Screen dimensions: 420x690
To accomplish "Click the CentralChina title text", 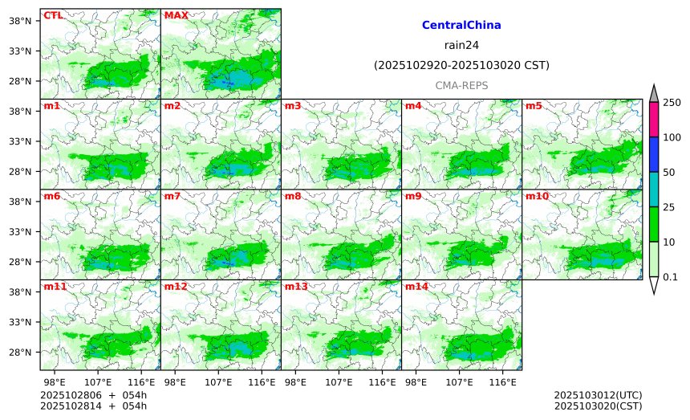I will [x=461, y=26].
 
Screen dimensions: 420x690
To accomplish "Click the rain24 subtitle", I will [x=461, y=46].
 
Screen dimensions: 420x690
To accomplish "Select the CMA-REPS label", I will [x=461, y=85].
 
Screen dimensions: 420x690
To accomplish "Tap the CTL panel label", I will [x=53, y=15].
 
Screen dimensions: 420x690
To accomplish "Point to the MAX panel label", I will [x=176, y=15].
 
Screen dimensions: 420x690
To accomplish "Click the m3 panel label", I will [x=292, y=106].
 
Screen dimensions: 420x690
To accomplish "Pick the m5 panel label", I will [x=533, y=106].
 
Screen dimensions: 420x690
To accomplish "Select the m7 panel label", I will [x=172, y=196].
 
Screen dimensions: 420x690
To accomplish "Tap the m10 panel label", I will [x=537, y=196].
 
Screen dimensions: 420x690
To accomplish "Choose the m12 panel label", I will [x=175, y=287].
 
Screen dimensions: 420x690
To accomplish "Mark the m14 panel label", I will [x=416, y=287].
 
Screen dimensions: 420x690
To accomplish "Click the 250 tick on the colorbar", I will [x=672, y=102].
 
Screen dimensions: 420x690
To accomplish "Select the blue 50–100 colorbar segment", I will [x=654, y=154].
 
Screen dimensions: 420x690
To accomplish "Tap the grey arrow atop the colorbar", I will [x=654, y=93].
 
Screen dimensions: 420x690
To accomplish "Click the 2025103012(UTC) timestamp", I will [x=598, y=395].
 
